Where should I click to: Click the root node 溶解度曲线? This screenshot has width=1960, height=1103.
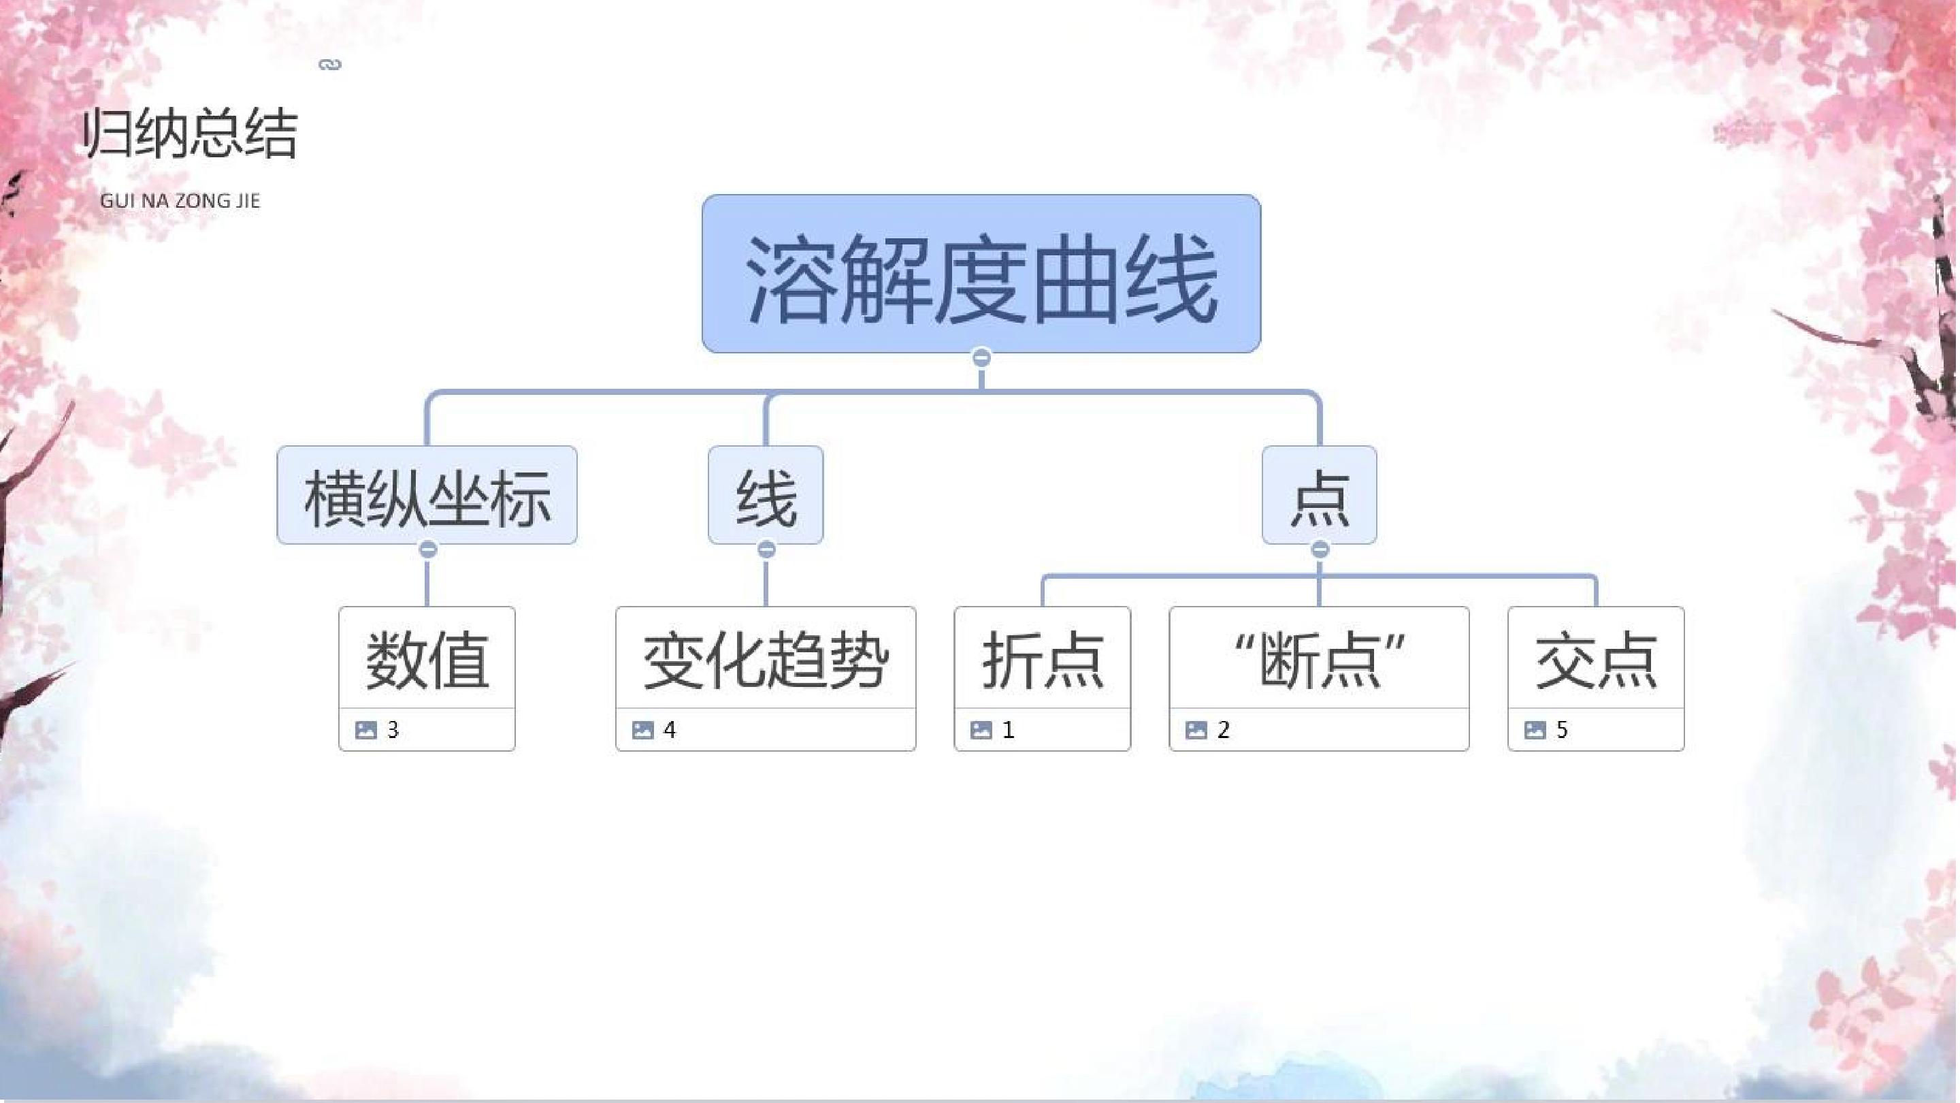click(x=981, y=273)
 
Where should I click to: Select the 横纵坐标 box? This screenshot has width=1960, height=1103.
click(x=427, y=495)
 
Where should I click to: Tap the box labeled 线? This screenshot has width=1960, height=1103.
click(x=766, y=495)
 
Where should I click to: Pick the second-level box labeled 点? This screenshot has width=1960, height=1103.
click(x=1320, y=495)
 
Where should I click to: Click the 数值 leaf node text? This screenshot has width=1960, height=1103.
click(x=427, y=660)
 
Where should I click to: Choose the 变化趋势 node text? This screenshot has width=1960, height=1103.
click(x=766, y=660)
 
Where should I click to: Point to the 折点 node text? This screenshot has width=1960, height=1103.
click(x=1043, y=660)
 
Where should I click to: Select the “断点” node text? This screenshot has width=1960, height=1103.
click(x=1320, y=660)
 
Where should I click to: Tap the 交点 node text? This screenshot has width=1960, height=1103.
click(x=1595, y=660)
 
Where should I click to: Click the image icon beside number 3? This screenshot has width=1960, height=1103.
click(x=366, y=730)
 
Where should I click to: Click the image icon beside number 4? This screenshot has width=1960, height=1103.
click(x=643, y=730)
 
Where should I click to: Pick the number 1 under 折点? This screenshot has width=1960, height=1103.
click(x=1008, y=730)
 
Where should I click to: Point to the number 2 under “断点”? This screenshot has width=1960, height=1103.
click(x=1224, y=730)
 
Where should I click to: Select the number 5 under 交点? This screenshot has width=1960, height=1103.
click(x=1562, y=730)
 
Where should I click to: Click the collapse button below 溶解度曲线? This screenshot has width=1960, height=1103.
click(x=981, y=357)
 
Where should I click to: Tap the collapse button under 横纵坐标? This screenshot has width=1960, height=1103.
click(x=427, y=549)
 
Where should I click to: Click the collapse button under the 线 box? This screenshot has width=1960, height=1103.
click(x=766, y=549)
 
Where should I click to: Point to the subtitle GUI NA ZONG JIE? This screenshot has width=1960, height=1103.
click(x=180, y=201)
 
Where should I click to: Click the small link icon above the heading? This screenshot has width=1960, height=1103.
click(x=329, y=65)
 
